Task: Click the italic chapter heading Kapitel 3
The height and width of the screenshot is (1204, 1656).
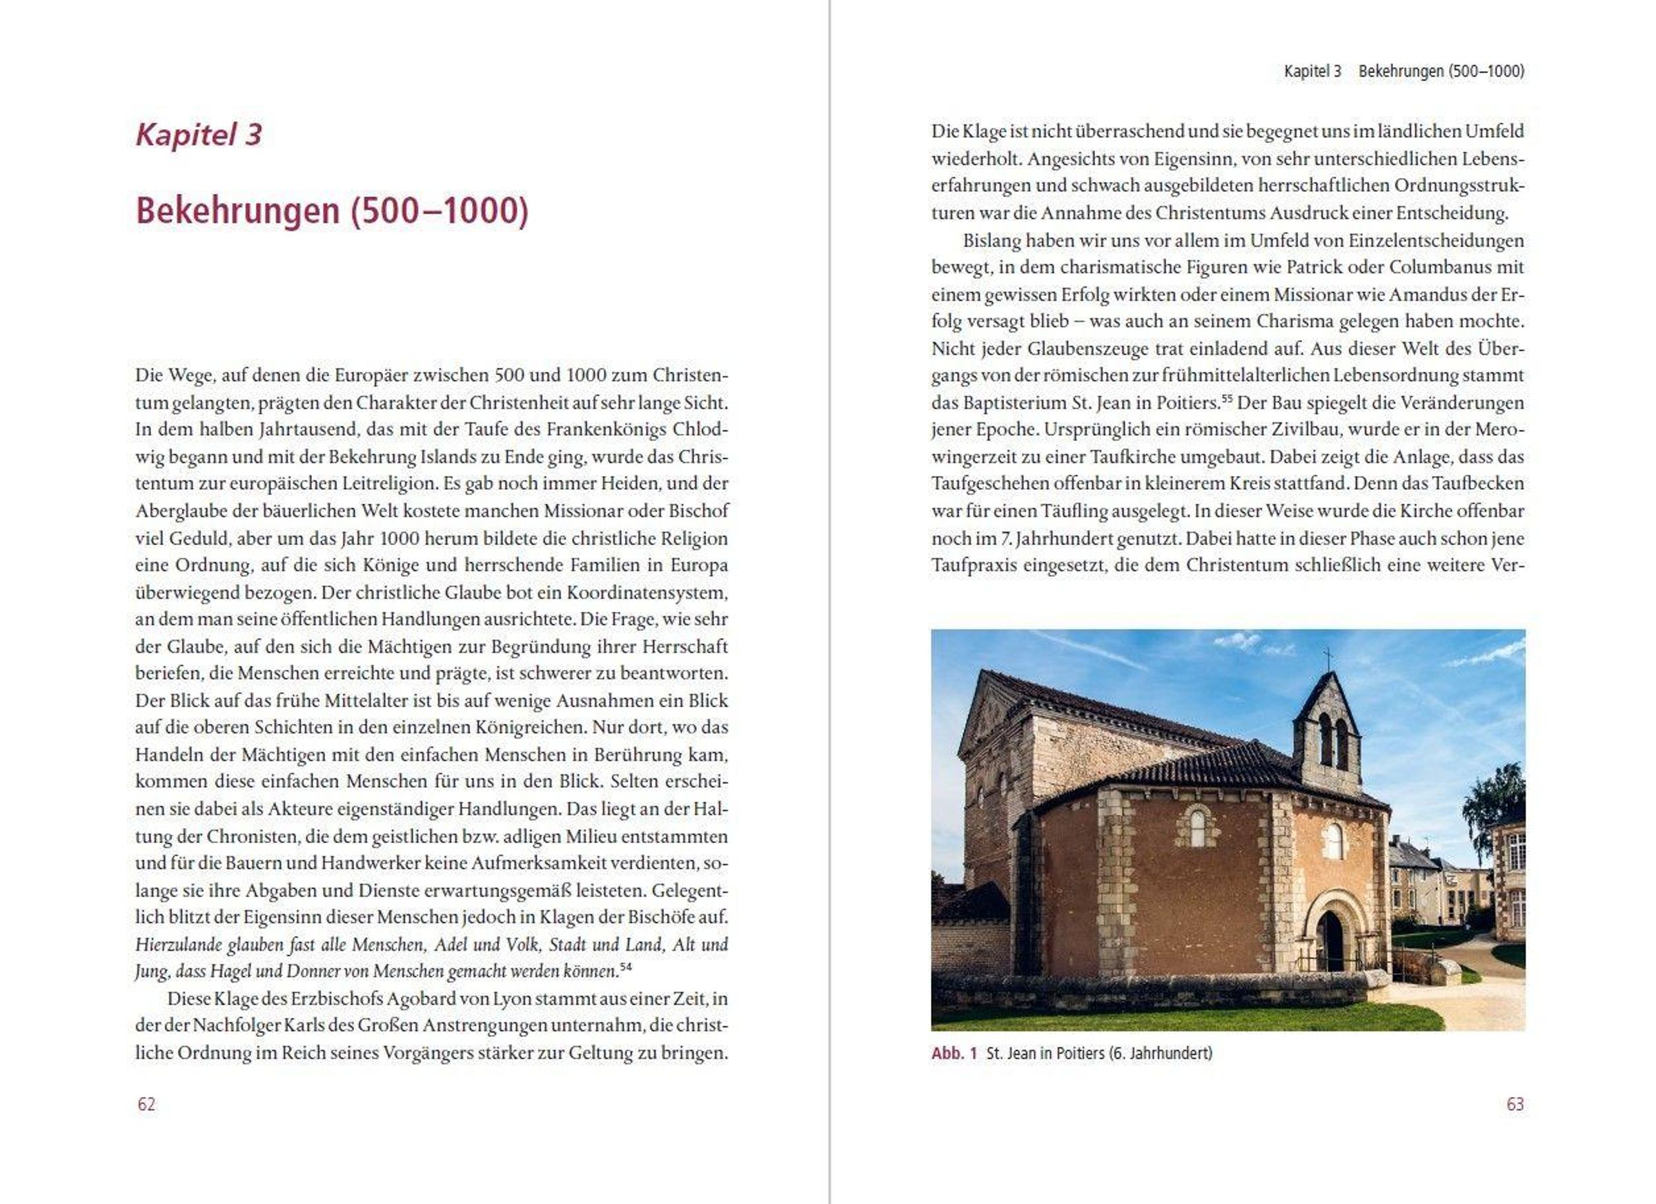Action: pyautogui.click(x=199, y=135)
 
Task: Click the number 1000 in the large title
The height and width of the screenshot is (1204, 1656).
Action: pyautogui.click(x=480, y=211)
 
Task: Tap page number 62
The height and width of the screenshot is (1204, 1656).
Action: pyautogui.click(x=146, y=1104)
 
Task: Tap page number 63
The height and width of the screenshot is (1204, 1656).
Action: pyautogui.click(x=1515, y=1104)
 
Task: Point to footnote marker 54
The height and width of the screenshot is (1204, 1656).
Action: pyautogui.click(x=625, y=967)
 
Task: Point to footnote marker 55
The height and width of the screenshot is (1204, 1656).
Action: pyautogui.click(x=1227, y=399)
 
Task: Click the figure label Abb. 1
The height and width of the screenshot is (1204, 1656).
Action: pyautogui.click(x=954, y=1054)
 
